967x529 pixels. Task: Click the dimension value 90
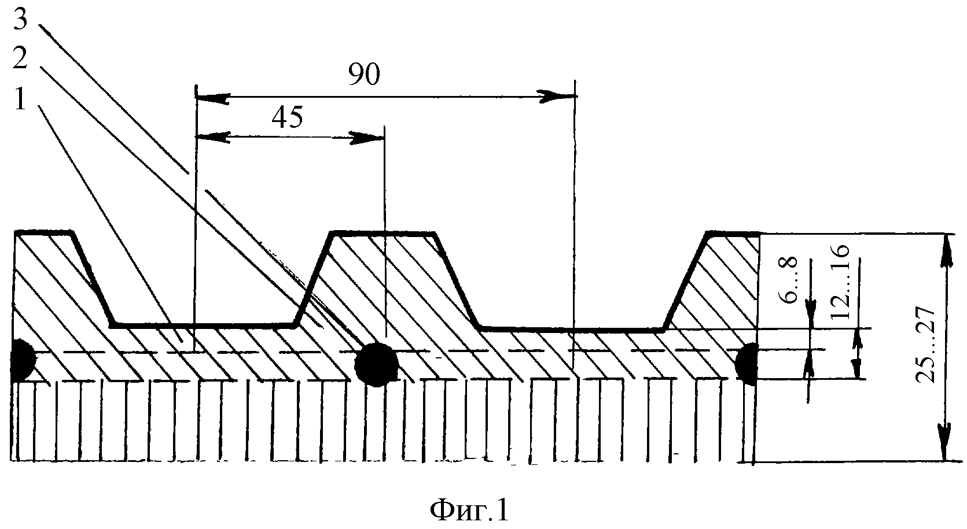pyautogui.click(x=365, y=74)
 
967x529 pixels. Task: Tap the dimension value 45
pyautogui.click(x=288, y=117)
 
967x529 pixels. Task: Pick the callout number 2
pyautogui.click(x=20, y=58)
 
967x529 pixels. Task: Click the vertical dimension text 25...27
pyautogui.click(x=926, y=345)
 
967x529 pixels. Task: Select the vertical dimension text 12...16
pyautogui.click(x=840, y=282)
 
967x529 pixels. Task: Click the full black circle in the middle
pyautogui.click(x=376, y=364)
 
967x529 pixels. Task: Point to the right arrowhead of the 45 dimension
pyautogui.click(x=366, y=138)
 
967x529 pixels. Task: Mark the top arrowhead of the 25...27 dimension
pyautogui.click(x=946, y=251)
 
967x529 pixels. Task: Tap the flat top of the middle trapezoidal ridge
pyautogui.click(x=383, y=234)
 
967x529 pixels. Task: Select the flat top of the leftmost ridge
pyautogui.click(x=44, y=233)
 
